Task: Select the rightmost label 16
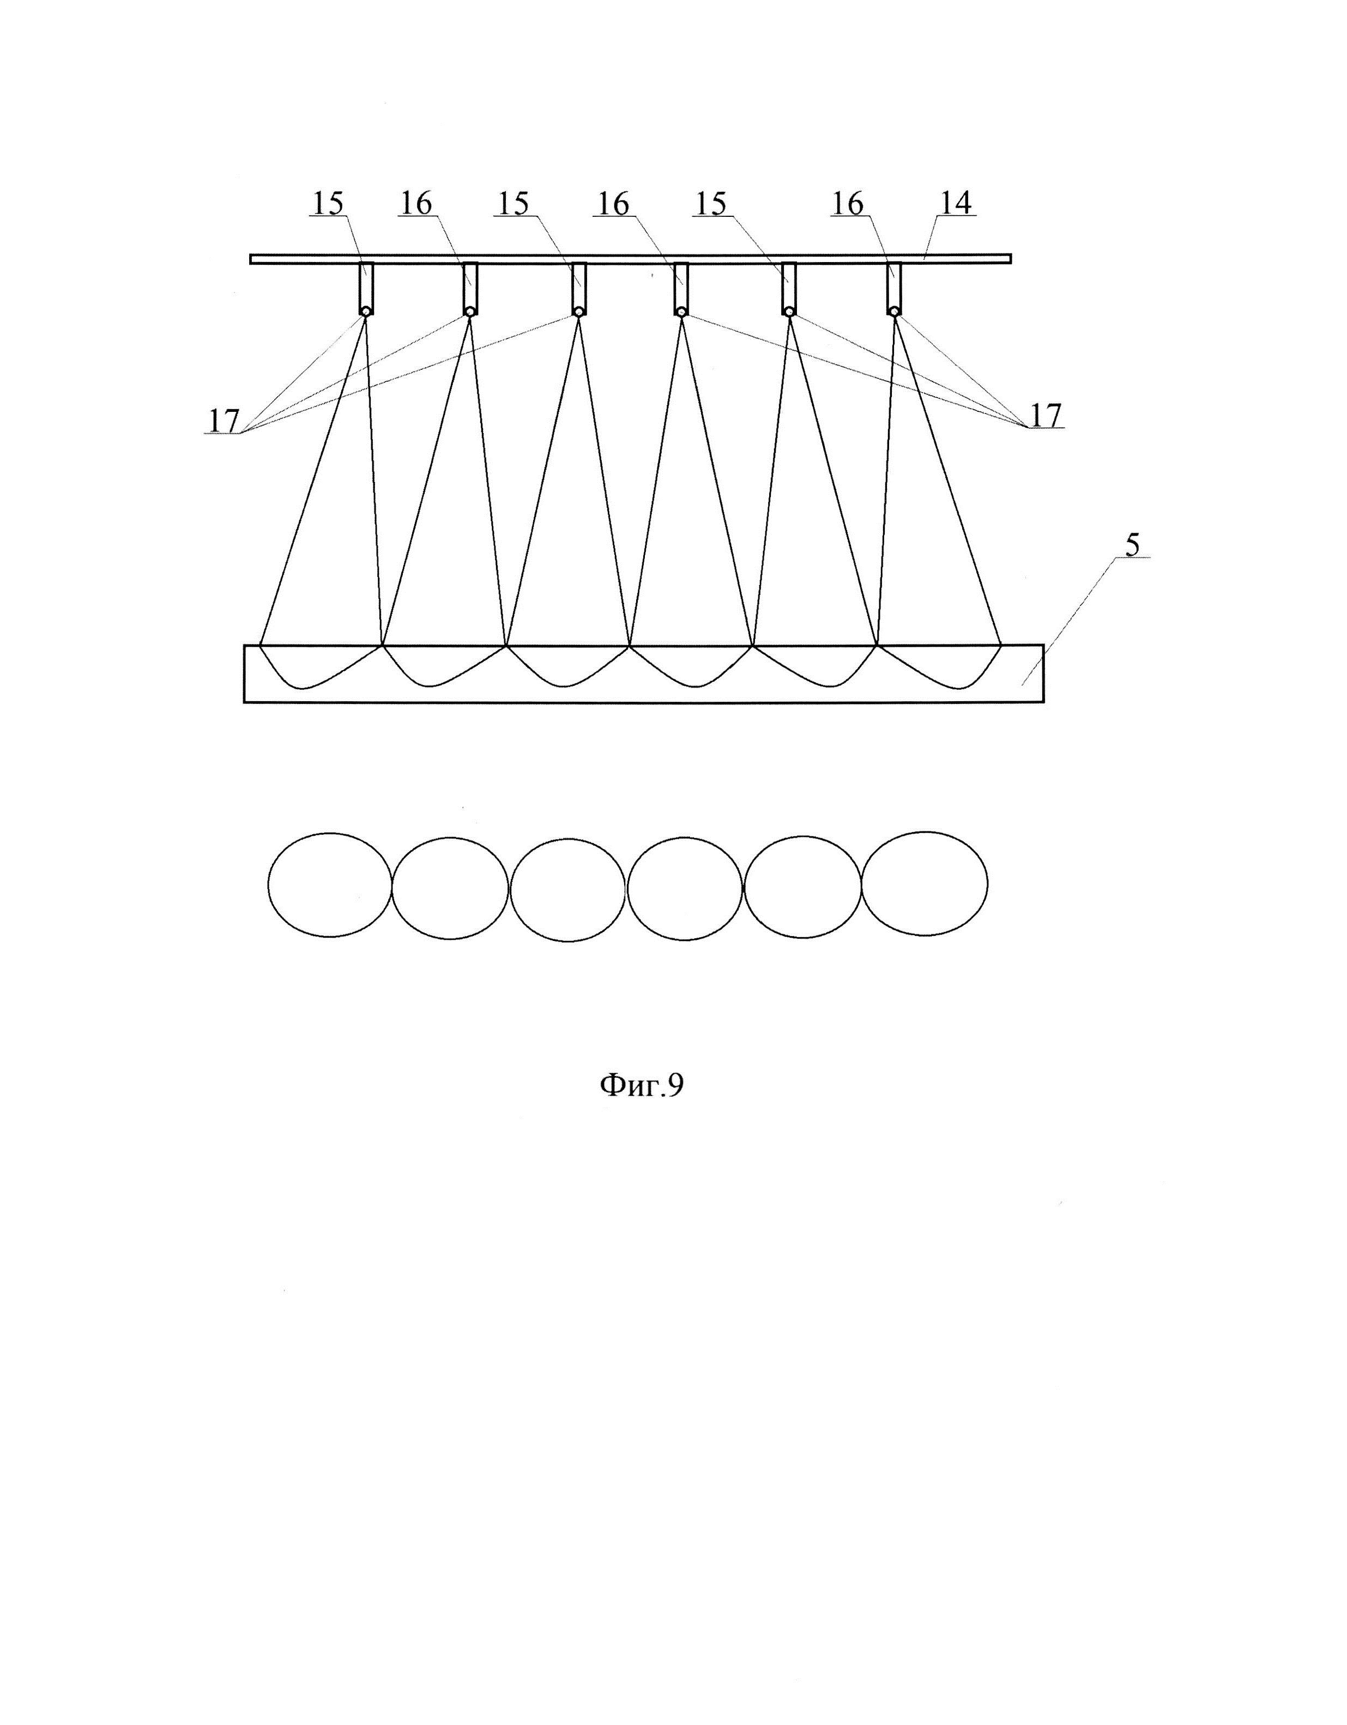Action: coord(847,204)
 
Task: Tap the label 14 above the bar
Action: coord(955,204)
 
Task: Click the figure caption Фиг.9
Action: coord(642,1085)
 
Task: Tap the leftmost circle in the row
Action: coord(330,885)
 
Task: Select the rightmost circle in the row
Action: coord(925,883)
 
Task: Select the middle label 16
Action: coord(613,204)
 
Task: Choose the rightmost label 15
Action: coord(710,204)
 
